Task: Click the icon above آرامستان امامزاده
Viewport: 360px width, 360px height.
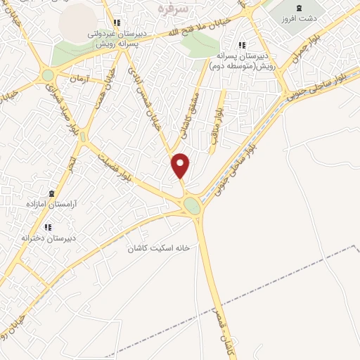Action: coord(50,192)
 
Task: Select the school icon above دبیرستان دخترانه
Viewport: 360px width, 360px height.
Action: coord(48,227)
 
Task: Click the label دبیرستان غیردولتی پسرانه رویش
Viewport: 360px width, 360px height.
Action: coord(117,37)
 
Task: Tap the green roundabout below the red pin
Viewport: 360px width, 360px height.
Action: coord(191,205)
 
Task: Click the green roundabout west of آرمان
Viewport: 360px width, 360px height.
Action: coord(48,75)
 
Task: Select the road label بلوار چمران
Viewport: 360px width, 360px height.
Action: coord(309,54)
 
